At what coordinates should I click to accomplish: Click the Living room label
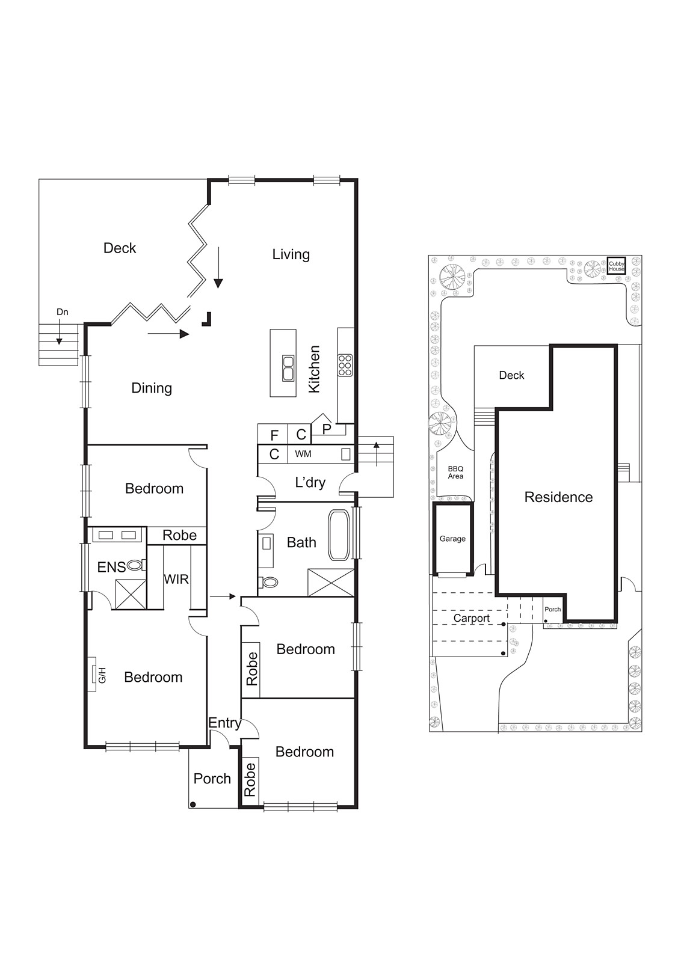[291, 254]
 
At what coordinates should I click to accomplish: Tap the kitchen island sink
[288, 368]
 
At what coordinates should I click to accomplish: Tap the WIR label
[176, 579]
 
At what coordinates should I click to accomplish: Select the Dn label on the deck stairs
[62, 312]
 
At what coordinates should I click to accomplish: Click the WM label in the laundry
[303, 454]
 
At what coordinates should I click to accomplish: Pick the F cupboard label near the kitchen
[274, 435]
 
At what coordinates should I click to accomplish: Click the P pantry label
[327, 429]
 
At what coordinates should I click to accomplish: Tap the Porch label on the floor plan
[212, 779]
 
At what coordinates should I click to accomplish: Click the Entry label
[224, 723]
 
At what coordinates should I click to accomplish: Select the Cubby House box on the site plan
[617, 266]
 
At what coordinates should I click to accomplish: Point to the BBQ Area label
[455, 473]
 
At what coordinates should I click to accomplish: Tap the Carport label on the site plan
[471, 618]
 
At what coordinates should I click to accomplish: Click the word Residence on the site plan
[558, 497]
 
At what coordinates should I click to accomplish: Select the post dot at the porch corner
[193, 804]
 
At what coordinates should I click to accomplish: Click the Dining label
[152, 388]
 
